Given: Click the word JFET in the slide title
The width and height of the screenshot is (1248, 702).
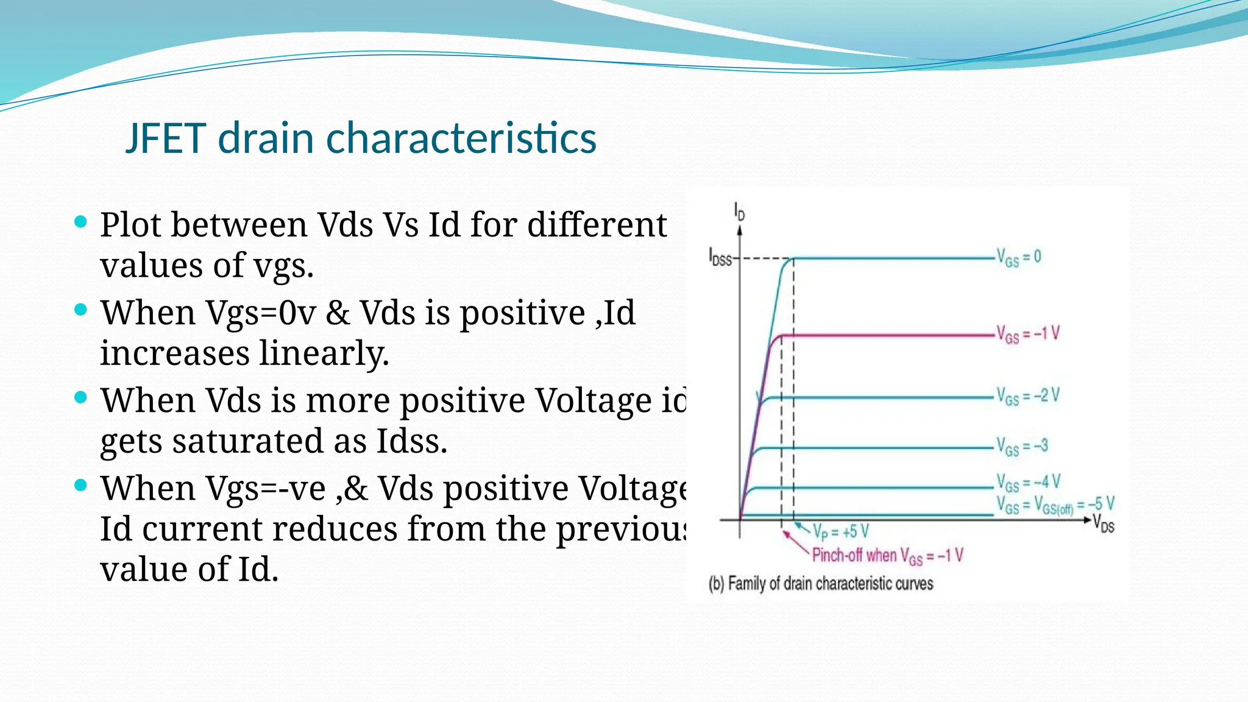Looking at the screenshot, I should click(166, 138).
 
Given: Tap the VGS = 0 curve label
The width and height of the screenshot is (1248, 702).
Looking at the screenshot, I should click(1018, 257).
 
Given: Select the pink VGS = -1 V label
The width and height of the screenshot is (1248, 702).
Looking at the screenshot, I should click(1027, 334).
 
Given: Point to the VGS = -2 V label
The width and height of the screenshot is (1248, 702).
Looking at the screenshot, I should click(1027, 396).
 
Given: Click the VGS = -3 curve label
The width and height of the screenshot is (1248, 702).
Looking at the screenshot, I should click(1022, 446).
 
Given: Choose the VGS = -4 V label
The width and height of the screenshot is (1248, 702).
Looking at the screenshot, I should click(1028, 483).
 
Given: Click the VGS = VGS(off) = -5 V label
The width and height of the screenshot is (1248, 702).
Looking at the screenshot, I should click(1055, 505).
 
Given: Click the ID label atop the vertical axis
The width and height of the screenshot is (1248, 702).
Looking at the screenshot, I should click(739, 211).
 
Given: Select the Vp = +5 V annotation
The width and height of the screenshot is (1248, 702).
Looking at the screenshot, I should click(840, 532).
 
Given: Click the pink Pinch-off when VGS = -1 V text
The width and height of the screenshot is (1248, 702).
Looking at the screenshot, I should click(887, 556).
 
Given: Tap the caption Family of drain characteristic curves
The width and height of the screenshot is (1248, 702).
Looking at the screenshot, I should click(821, 584).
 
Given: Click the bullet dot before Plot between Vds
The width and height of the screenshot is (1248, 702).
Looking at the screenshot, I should click(80, 221).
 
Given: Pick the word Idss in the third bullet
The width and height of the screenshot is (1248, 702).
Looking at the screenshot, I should click(411, 441).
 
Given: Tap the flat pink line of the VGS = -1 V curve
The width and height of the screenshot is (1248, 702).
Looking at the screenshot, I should click(884, 335).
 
